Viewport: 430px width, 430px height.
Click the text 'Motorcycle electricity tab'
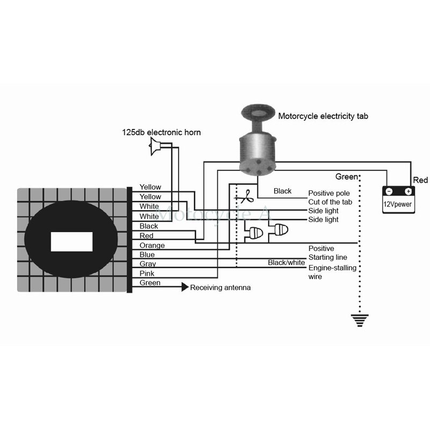(x=323, y=116)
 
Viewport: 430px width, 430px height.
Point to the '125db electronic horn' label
(x=161, y=132)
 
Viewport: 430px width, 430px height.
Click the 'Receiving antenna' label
(x=220, y=288)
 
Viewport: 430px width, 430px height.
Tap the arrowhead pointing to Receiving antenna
(x=185, y=288)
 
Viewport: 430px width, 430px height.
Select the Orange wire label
(x=152, y=245)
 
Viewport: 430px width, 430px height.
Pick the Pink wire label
(x=147, y=273)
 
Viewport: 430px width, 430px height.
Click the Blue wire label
(x=147, y=254)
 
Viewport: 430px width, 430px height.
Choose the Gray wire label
(x=147, y=264)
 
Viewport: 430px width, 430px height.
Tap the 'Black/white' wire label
(x=286, y=262)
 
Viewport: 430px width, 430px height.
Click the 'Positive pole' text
(x=328, y=193)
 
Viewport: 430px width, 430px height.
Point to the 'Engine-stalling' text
(x=332, y=268)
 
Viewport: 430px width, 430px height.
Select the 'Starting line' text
(x=327, y=258)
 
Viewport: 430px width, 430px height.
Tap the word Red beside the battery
(x=420, y=180)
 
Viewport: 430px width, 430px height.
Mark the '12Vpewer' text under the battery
(x=398, y=205)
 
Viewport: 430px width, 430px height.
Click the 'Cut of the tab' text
(x=330, y=202)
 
